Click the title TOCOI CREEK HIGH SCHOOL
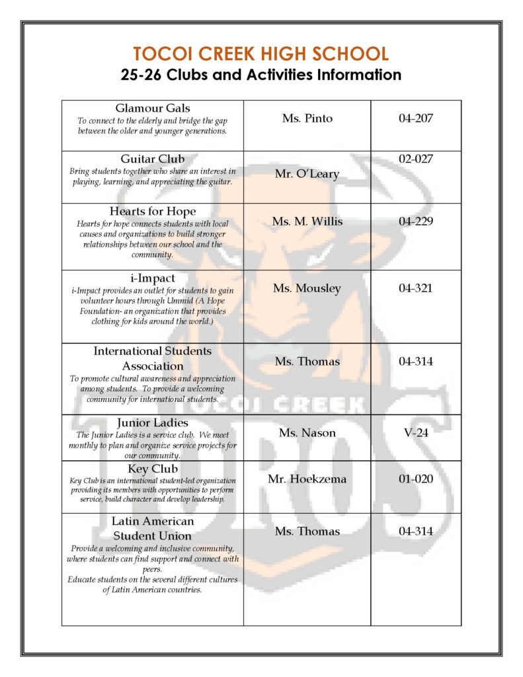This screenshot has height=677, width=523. [x=261, y=54]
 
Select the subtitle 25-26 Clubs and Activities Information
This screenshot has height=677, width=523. [x=261, y=75]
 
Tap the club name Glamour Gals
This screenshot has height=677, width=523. [x=153, y=108]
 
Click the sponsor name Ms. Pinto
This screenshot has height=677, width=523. [x=307, y=118]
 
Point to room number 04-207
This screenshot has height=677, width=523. [x=416, y=118]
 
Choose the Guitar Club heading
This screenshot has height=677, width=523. [x=153, y=159]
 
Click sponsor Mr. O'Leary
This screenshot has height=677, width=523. [x=307, y=174]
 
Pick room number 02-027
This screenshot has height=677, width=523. [x=416, y=159]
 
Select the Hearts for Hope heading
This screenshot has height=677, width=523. [x=153, y=212]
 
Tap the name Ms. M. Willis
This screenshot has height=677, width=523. [x=307, y=221]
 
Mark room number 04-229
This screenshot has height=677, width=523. [x=416, y=221]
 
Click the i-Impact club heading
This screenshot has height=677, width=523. [x=153, y=278]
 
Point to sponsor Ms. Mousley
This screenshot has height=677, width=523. [x=307, y=288]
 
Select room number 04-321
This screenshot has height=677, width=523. [x=416, y=288]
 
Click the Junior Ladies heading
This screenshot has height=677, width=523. [x=153, y=422]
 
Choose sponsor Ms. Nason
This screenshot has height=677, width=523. [x=307, y=433]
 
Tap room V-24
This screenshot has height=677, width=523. [x=416, y=433]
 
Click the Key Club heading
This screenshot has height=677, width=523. [x=153, y=469]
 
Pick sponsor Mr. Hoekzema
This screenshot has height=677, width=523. [x=307, y=479]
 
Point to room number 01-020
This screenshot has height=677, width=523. [x=416, y=479]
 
